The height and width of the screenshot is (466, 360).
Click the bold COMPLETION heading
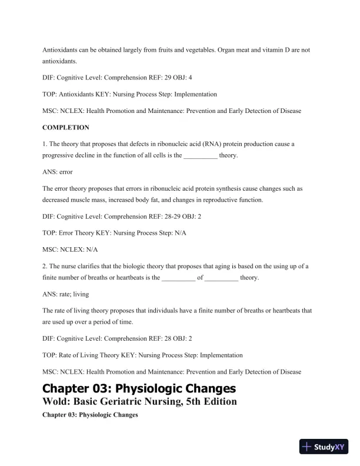pos(66,127)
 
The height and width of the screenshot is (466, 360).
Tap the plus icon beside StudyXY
pos(306,447)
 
